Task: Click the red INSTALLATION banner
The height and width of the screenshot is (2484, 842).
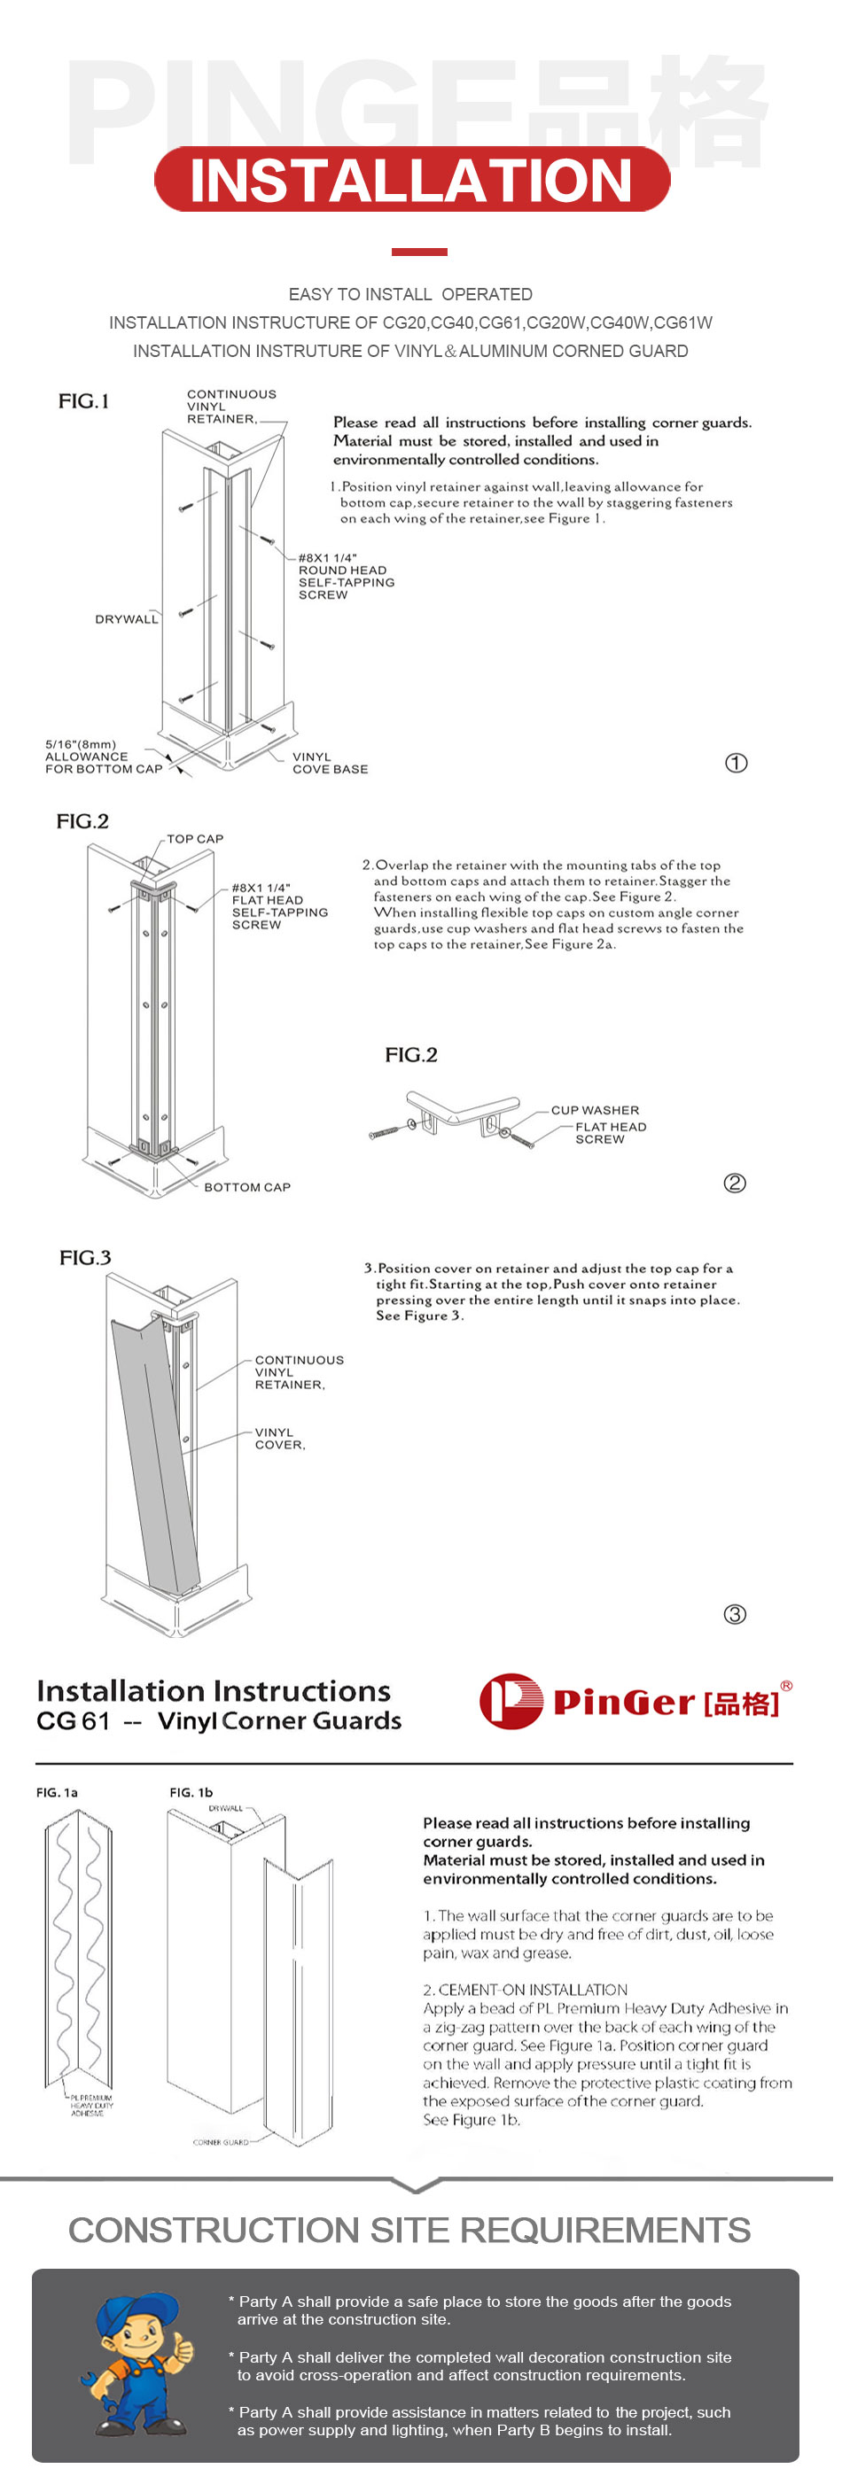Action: tap(412, 179)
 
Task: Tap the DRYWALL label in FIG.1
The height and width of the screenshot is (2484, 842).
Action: tap(125, 619)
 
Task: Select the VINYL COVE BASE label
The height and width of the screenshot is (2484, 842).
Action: tap(330, 763)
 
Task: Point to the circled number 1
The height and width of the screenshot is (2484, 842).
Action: tap(736, 763)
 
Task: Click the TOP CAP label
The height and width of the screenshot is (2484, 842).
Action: tap(195, 839)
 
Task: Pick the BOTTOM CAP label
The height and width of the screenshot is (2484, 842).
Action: tap(247, 1187)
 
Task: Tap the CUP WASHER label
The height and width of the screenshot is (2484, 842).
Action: tap(595, 1110)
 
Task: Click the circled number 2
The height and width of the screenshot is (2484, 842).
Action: tap(735, 1184)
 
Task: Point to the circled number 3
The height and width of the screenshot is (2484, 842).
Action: tap(735, 1614)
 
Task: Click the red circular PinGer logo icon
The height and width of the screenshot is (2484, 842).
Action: tap(511, 1701)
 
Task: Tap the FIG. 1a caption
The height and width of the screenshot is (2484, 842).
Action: tap(57, 1793)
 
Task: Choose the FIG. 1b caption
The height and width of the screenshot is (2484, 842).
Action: tap(191, 1793)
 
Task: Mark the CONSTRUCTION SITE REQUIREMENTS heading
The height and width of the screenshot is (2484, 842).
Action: tap(409, 2230)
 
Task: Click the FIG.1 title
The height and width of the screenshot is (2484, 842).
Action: tap(84, 401)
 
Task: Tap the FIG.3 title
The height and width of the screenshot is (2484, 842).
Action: tap(85, 1257)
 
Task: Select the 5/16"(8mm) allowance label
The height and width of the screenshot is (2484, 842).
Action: tap(103, 757)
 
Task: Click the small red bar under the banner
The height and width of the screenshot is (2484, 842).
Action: tap(418, 252)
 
